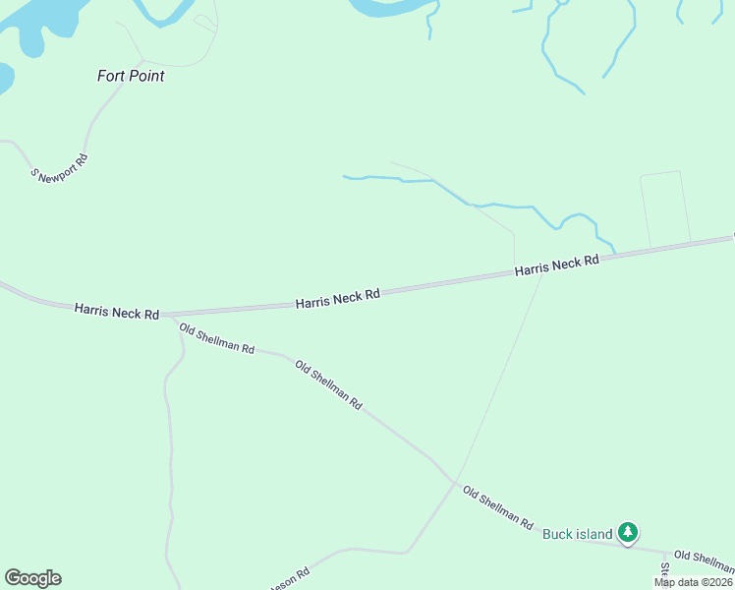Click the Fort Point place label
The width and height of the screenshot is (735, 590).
(x=131, y=76)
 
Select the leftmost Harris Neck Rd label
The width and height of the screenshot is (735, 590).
(x=116, y=311)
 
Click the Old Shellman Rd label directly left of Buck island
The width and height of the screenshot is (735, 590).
(x=497, y=507)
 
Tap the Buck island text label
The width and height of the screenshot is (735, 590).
(x=578, y=534)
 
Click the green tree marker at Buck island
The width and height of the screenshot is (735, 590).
(x=628, y=533)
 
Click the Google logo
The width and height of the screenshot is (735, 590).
(x=32, y=578)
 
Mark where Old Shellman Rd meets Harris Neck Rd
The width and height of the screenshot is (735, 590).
(x=169, y=317)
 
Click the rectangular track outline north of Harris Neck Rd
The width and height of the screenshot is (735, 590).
(x=664, y=208)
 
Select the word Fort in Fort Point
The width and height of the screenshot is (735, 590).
(x=111, y=76)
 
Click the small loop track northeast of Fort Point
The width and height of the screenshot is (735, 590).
(x=204, y=21)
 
